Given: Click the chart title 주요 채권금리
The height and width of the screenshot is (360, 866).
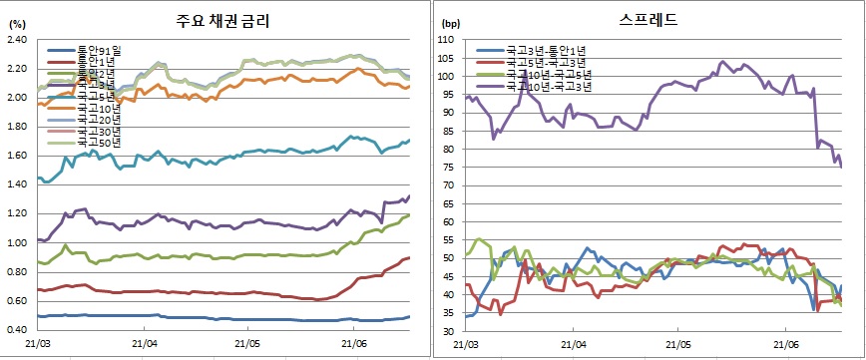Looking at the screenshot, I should pyautogui.click(x=225, y=21).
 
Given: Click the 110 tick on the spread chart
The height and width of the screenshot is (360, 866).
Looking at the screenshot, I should pyautogui.click(x=446, y=40).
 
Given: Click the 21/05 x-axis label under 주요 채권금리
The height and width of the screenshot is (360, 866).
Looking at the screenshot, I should pyautogui.click(x=248, y=344).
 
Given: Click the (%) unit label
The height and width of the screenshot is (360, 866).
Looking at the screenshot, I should pyautogui.click(x=16, y=23).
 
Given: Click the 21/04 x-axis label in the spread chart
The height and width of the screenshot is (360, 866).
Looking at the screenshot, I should pyautogui.click(x=572, y=345).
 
